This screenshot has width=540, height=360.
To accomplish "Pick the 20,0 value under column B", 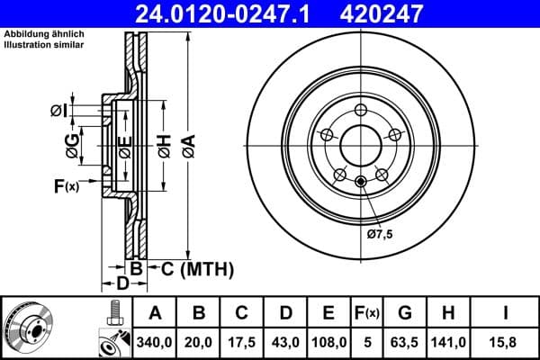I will (199, 342).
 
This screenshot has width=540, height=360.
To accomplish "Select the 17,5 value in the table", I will (242, 342).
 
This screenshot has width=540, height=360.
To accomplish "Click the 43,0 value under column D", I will (285, 342).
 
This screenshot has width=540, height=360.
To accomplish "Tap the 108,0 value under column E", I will (328, 342).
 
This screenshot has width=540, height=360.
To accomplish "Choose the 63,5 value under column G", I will (406, 342).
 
